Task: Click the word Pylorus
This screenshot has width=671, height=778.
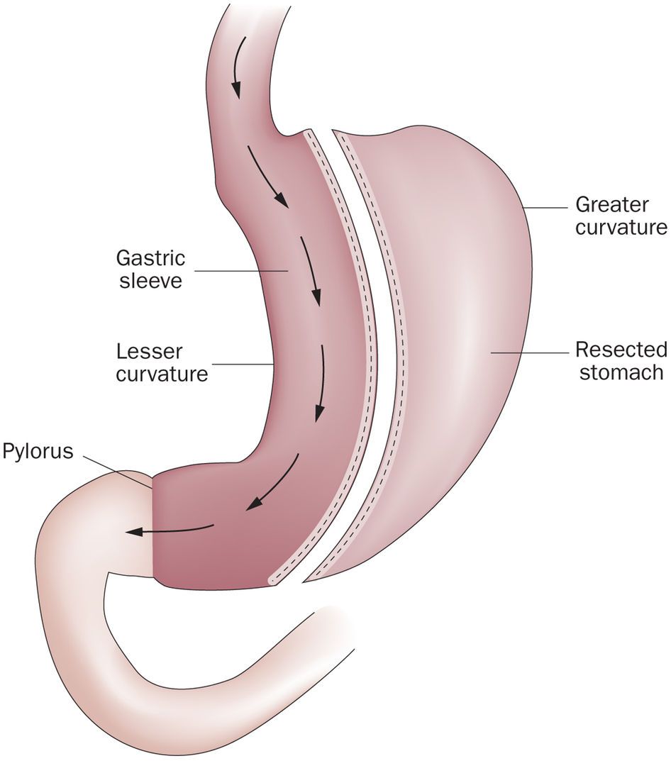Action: [x=38, y=451]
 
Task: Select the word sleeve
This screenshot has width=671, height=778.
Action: [x=150, y=280]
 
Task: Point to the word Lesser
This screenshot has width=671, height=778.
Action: [x=150, y=350]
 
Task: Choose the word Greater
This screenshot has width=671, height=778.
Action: [x=611, y=205]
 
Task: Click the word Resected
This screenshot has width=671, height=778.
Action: [x=621, y=350]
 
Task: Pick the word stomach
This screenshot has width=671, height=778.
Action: [x=621, y=372]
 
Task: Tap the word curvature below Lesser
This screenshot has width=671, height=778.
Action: [x=162, y=373]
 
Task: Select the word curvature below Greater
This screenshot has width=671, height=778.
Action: [x=621, y=228]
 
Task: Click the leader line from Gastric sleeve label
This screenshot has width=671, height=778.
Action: [x=241, y=270]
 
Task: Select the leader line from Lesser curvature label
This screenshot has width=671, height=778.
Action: [x=241, y=364]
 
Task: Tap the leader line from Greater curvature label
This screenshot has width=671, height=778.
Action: [x=546, y=208]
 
